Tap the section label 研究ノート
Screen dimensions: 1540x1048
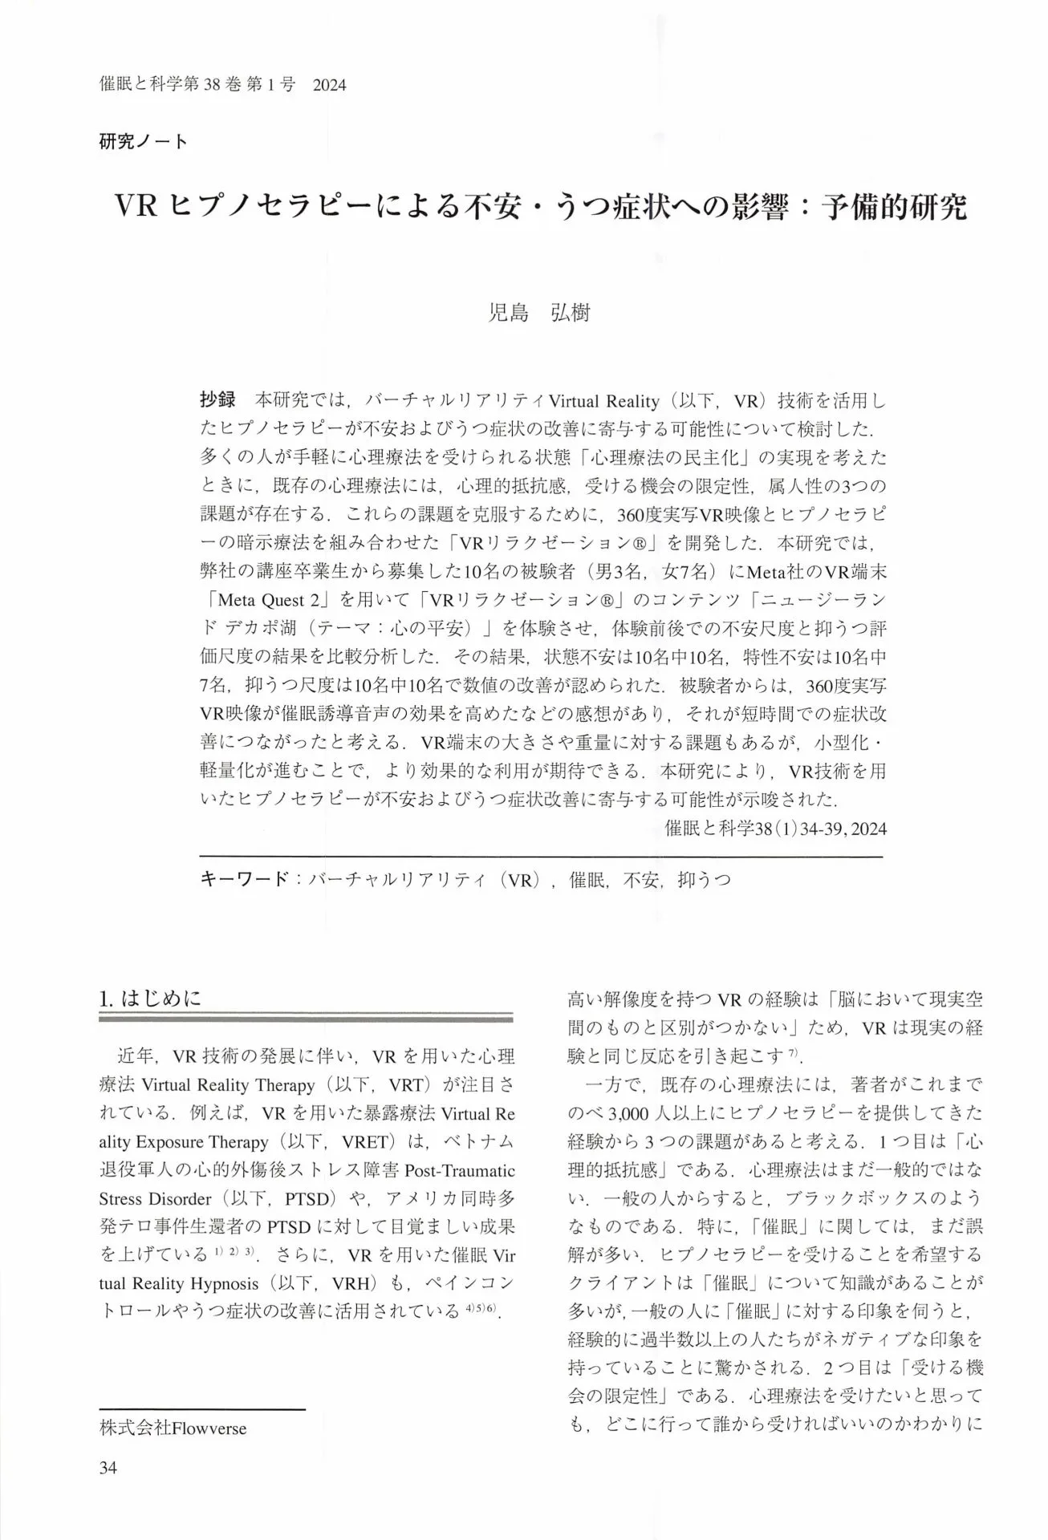pyautogui.click(x=144, y=142)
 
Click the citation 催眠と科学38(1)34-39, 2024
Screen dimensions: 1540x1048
pyautogui.click(x=775, y=829)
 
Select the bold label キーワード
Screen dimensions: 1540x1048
pyautogui.click(x=242, y=879)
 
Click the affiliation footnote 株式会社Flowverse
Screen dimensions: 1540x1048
pyautogui.click(x=173, y=1429)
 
